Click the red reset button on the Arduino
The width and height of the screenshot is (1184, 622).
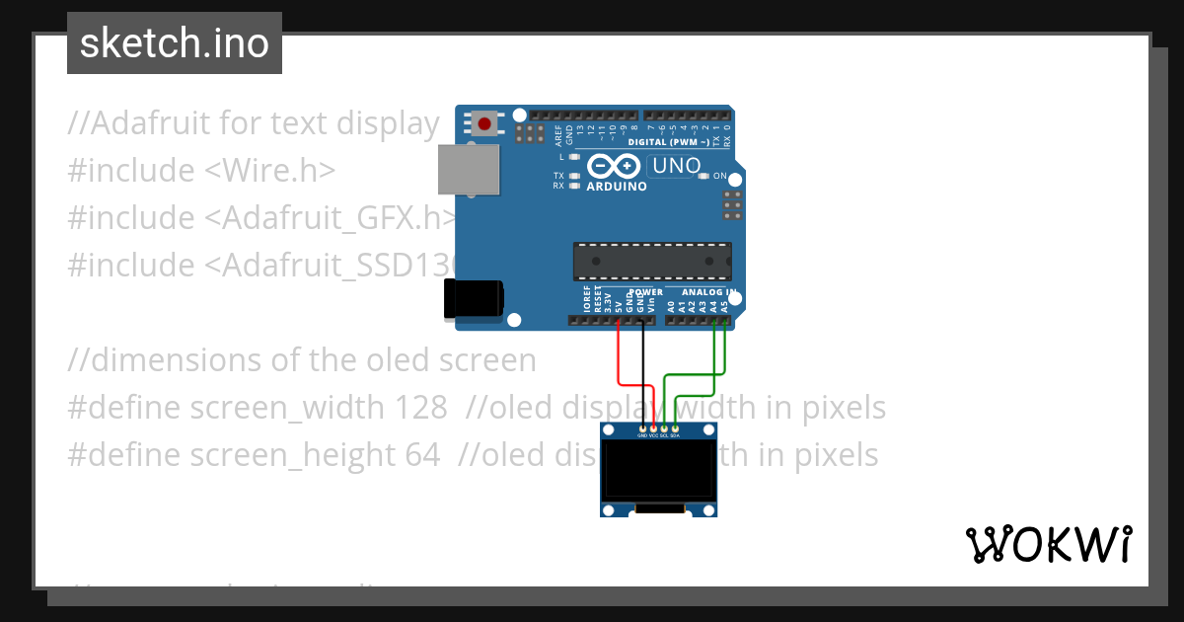(x=484, y=123)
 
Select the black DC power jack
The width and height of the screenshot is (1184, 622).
(x=474, y=298)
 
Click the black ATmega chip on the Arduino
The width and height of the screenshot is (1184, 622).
(x=652, y=261)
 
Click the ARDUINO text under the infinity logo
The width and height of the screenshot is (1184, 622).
(x=617, y=186)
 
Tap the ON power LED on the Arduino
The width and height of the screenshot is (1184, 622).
(x=703, y=176)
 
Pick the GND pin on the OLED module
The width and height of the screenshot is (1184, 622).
(x=642, y=428)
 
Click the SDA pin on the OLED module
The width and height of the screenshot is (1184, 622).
(x=675, y=428)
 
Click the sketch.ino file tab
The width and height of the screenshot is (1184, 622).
(x=175, y=43)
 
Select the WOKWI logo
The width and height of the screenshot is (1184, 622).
(x=1048, y=544)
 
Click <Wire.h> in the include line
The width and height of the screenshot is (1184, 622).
(x=270, y=171)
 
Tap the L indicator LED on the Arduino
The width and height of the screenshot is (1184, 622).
(x=573, y=156)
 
